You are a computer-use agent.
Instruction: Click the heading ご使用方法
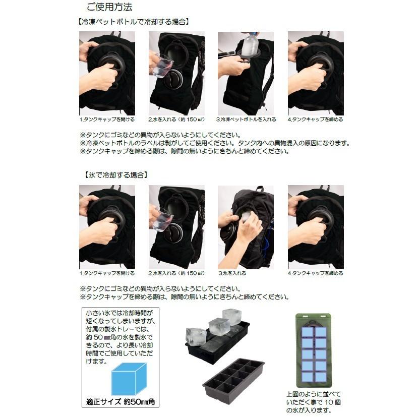pyautogui.click(x=109, y=8)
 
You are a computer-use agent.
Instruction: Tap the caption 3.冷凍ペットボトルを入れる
pyautogui.click(x=246, y=120)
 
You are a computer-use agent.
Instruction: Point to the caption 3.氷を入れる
pyautogui.click(x=232, y=273)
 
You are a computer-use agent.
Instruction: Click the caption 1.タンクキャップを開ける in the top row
pyautogui.click(x=107, y=120)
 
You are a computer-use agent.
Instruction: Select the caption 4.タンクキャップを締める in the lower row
pyautogui.click(x=316, y=273)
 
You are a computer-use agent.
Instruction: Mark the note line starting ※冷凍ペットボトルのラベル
pyautogui.click(x=214, y=143)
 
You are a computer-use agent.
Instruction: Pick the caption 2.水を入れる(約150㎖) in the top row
pyautogui.click(x=176, y=120)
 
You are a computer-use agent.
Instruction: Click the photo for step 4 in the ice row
pyautogui.click(x=316, y=227)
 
